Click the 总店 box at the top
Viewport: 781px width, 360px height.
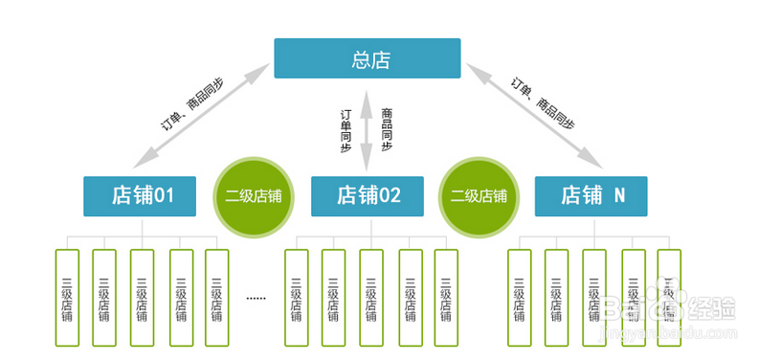coord(367,58)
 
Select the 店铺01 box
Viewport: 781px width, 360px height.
coord(141,195)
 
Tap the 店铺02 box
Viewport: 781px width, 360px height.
coord(368,195)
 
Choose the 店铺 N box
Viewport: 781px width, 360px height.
coord(591,195)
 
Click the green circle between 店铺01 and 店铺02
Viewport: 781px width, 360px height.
coord(254,196)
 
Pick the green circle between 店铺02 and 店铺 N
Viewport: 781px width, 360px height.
coord(480,196)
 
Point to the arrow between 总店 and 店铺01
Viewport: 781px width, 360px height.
coord(207,112)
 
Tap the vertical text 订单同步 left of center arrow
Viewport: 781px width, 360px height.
coord(347,130)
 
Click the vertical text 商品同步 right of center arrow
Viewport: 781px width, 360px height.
coord(387,128)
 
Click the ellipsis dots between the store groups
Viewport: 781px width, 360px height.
coord(256,299)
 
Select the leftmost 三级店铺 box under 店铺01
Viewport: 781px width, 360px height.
coord(67,298)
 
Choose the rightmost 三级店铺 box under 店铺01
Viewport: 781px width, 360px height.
coord(217,298)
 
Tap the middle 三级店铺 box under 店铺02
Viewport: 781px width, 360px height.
coord(371,298)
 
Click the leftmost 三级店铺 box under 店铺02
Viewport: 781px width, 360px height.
coord(296,298)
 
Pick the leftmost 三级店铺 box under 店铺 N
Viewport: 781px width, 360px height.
coord(519,298)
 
